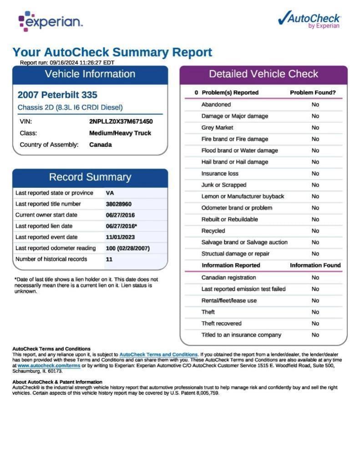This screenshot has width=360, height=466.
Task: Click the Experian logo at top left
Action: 50,21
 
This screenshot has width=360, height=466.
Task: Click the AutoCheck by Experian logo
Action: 309,20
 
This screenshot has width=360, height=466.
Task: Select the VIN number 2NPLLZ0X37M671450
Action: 121,122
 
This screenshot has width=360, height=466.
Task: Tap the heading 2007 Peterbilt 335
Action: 57,95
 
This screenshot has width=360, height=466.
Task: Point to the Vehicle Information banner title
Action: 90,74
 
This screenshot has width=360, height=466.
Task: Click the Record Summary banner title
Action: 90,177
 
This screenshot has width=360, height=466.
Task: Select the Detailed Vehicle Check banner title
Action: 263,74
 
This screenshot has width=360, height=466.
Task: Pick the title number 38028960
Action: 118,204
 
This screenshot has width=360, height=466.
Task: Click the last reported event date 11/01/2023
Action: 120,237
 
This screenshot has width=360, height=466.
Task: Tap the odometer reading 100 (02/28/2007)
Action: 127,248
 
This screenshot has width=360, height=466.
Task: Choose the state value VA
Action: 110,193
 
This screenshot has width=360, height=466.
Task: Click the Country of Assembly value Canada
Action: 100,145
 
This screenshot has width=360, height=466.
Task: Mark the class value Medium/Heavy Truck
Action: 120,133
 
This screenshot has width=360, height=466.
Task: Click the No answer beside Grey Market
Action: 315,127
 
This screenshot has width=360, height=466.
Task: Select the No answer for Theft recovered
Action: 315,323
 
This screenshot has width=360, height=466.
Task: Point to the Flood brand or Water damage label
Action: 239,150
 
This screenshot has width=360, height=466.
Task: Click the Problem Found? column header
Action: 313,92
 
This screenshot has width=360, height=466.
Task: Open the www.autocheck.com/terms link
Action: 49,365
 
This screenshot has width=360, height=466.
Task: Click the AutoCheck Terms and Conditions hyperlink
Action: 158,355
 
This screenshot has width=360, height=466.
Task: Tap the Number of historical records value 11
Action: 109,259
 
